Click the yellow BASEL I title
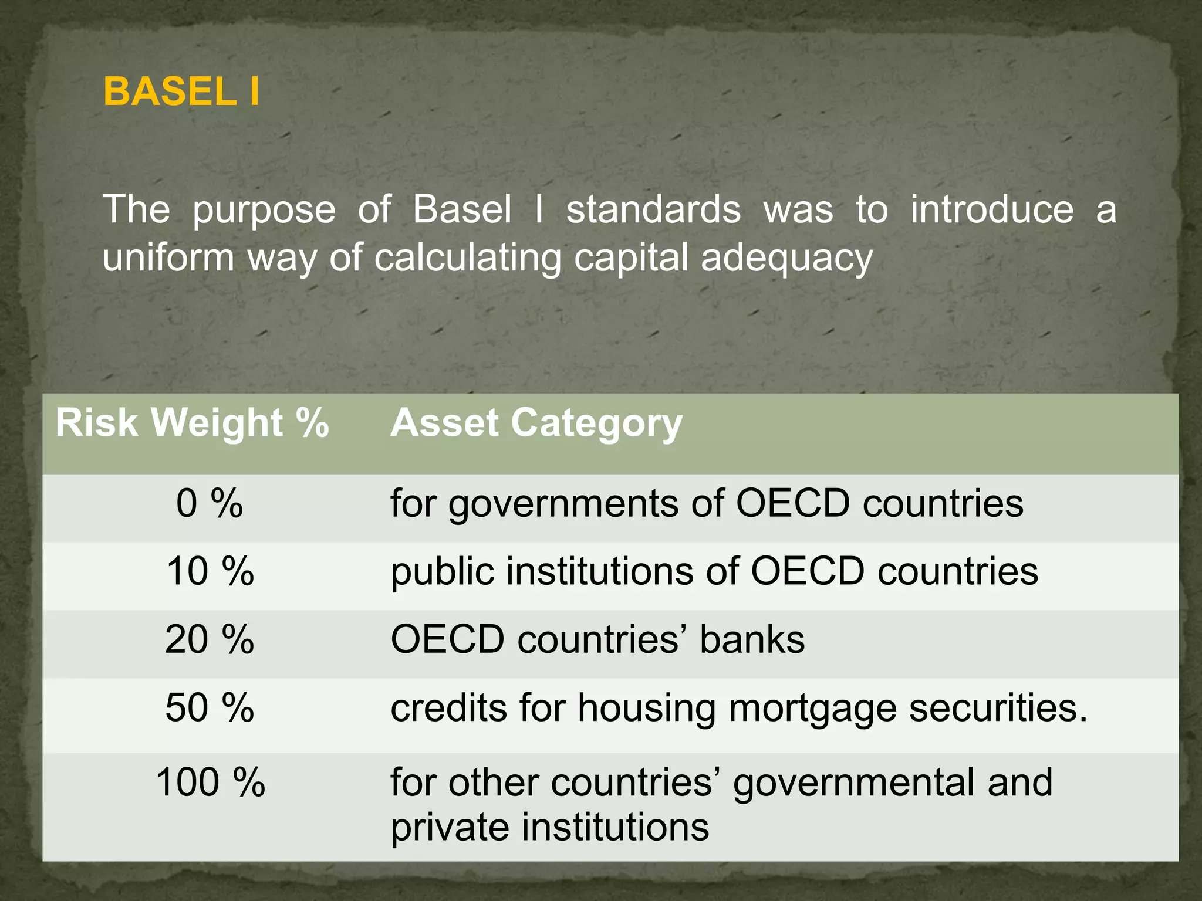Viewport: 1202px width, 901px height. click(181, 92)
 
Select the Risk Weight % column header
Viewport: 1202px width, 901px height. click(192, 422)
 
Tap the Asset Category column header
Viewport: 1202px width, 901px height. click(536, 422)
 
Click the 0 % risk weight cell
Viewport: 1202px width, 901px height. click(210, 503)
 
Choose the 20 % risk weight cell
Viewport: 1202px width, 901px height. click(210, 639)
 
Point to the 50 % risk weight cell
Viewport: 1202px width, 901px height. click(210, 707)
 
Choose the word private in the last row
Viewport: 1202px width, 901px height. click(450, 828)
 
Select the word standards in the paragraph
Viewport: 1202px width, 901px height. click(653, 209)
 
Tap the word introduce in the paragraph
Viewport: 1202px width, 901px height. click(992, 209)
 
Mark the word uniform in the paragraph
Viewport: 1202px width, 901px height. click(168, 258)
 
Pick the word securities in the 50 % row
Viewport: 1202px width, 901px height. click(998, 707)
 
